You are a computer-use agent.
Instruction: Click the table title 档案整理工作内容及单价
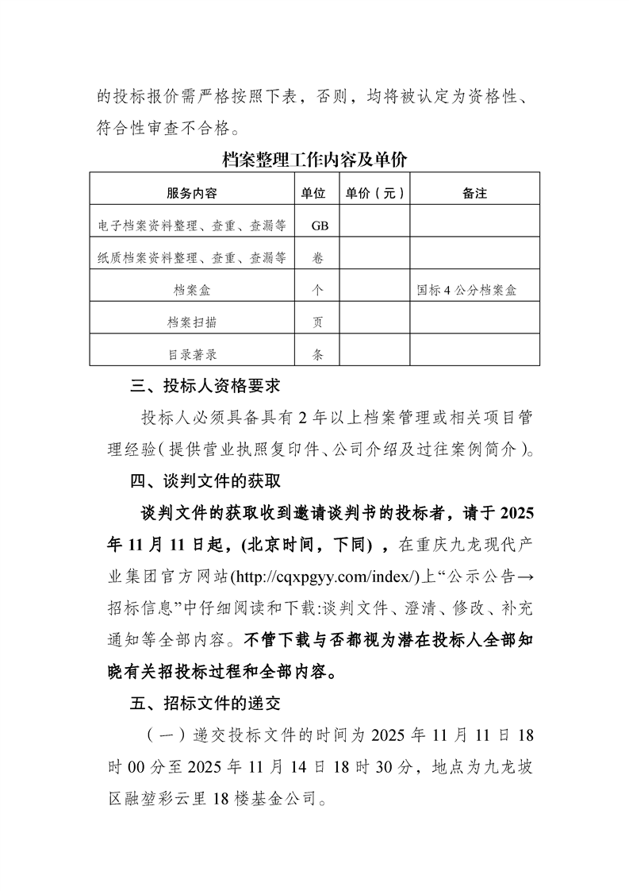(315, 159)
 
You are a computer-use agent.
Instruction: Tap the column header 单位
(314, 193)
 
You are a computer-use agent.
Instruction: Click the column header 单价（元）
(374, 193)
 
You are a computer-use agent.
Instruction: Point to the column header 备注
(474, 193)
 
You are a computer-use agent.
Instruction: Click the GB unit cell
(320, 226)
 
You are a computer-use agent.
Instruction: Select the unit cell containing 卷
(319, 258)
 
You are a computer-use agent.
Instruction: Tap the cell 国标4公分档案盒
(466, 291)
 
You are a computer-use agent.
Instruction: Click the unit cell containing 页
(319, 322)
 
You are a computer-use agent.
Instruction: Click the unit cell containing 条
(319, 355)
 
